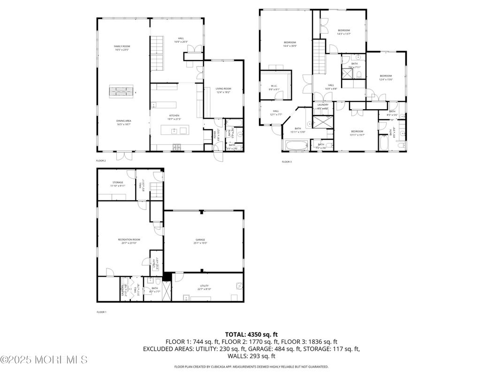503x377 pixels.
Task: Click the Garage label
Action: pos(200,241)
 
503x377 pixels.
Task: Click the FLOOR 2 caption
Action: pos(101,161)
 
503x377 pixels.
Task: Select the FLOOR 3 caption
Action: pos(287,162)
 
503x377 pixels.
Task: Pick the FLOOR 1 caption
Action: pos(101,312)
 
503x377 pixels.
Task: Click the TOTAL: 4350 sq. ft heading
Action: pos(251,334)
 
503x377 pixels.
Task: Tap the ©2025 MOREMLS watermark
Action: pos(44,360)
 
